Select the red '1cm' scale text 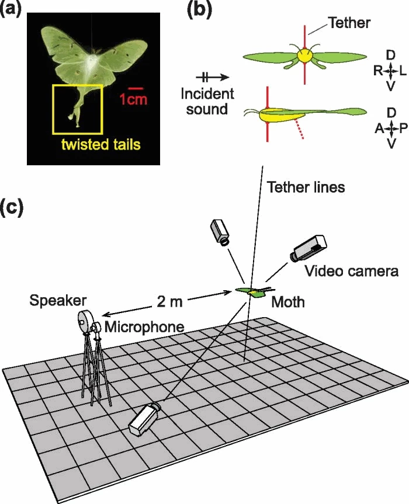pos(134,99)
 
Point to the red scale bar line pos(135,89)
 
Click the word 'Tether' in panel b pos(349,23)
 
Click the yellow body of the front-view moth pos(304,55)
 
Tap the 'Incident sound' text pos(207,100)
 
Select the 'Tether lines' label pos(306,187)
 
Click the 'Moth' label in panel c pos(288,303)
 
